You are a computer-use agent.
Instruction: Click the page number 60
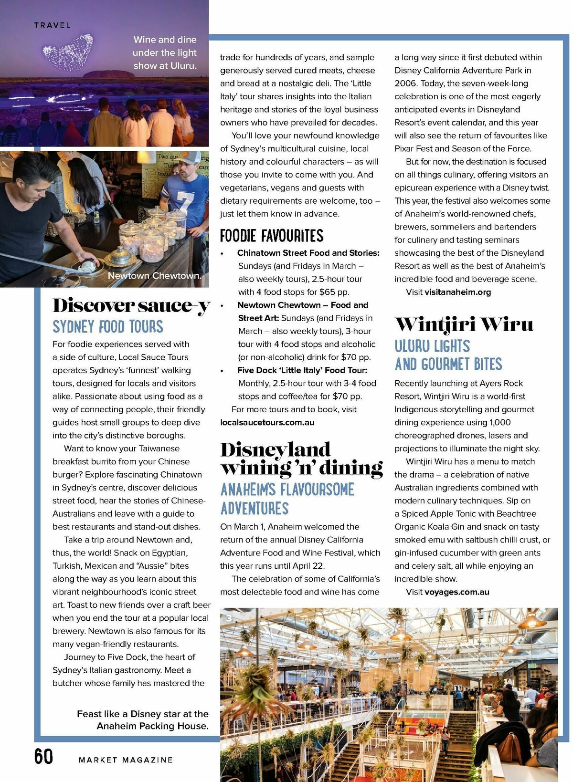[x=43, y=757]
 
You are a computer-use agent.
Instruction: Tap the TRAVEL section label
[x=52, y=25]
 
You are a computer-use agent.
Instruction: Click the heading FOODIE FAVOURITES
[x=271, y=236]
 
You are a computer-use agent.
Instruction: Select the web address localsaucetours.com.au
[x=267, y=422]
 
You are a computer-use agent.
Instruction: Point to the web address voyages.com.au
[x=456, y=592]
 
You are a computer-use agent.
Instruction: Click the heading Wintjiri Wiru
[x=464, y=324]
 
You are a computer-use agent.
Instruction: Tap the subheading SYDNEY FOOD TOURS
[x=108, y=327]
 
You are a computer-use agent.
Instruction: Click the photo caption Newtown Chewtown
[x=154, y=276]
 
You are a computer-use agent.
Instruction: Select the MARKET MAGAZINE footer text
[x=126, y=760]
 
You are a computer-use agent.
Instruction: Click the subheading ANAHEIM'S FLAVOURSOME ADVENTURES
[x=287, y=499]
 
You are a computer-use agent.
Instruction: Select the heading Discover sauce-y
[x=131, y=306]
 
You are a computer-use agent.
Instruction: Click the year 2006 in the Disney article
[x=405, y=83]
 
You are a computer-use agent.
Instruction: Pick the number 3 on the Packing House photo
[x=229, y=618]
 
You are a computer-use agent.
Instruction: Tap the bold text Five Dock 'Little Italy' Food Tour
[x=302, y=370]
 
